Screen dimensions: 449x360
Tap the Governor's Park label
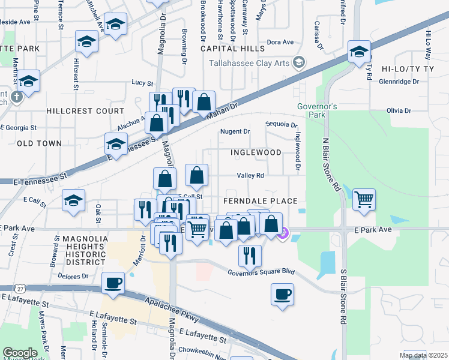point(318,110)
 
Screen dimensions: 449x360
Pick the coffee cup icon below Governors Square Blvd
point(282,295)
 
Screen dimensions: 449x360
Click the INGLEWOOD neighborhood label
point(256,152)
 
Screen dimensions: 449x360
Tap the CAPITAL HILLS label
point(232,48)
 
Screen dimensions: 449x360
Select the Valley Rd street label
point(250,175)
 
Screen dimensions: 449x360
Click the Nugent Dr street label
point(235,131)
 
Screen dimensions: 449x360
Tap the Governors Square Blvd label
point(261,272)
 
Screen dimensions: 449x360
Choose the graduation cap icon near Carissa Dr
point(359,52)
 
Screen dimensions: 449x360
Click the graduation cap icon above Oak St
point(73,200)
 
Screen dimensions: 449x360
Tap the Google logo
point(20,353)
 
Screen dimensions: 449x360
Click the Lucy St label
point(142,83)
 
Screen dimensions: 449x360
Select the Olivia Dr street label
point(399,111)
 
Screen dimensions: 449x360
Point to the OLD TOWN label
point(39,143)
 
